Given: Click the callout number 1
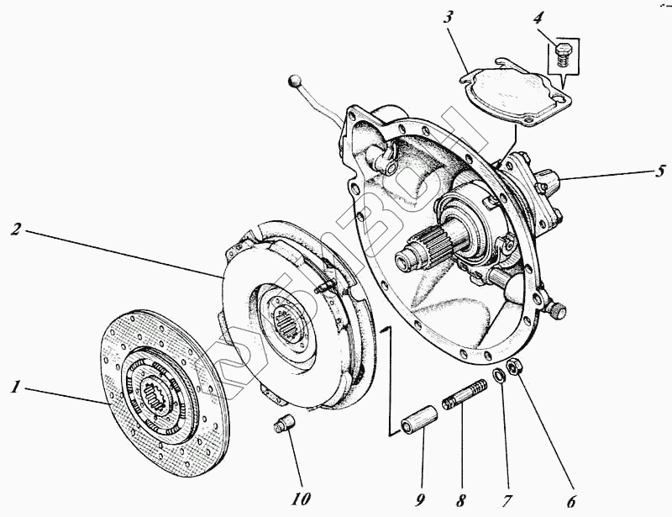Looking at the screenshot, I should click(14, 388).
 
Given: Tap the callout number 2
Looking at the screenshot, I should click(16, 229).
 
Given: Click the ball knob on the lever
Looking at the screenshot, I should click(293, 82).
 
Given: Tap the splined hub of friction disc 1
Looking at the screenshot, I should click(156, 390).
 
